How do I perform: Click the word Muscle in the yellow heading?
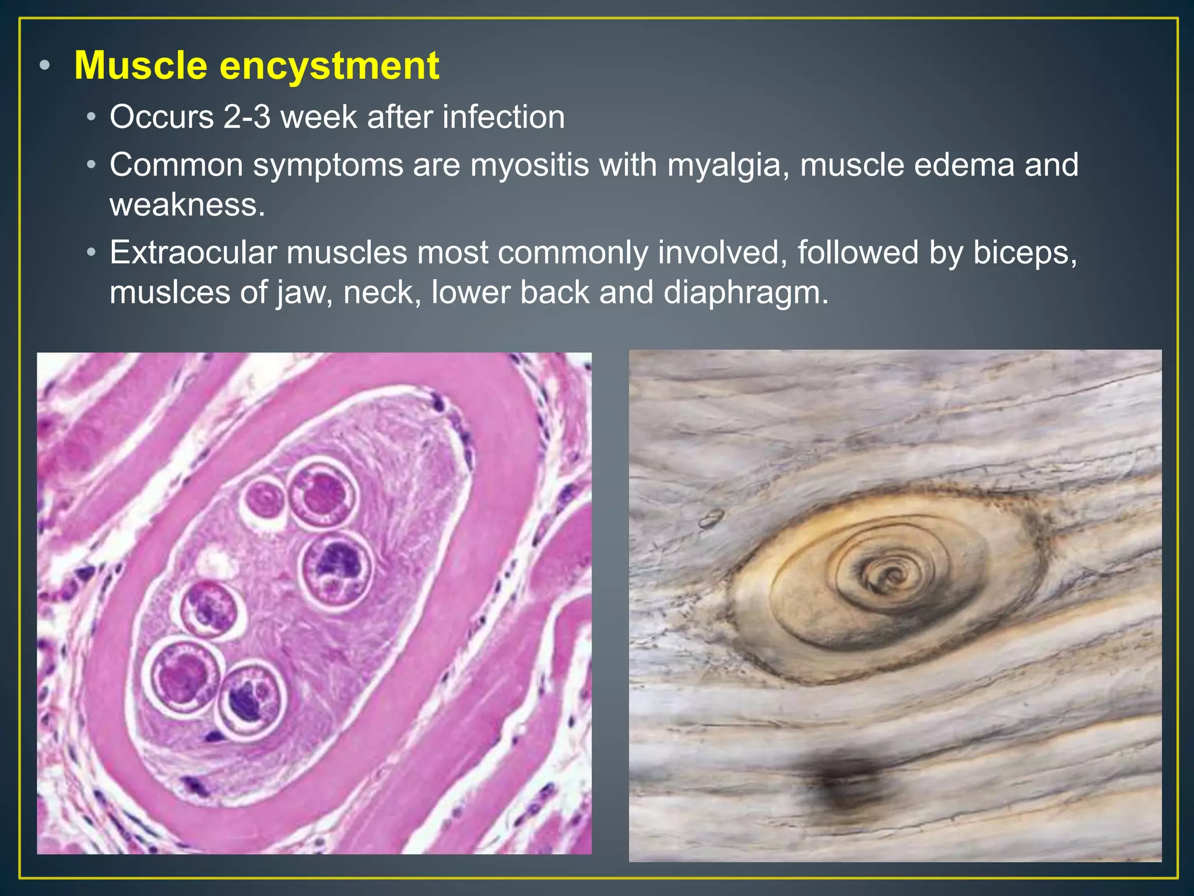(141, 65)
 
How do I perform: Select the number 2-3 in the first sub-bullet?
(247, 117)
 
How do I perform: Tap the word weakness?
(187, 205)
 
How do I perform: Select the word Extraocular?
(193, 253)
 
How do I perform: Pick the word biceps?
(1024, 253)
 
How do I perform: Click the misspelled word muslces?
(170, 292)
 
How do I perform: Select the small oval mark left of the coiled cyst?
(712, 517)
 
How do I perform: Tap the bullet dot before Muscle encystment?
(45, 65)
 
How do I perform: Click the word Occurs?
(161, 117)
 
